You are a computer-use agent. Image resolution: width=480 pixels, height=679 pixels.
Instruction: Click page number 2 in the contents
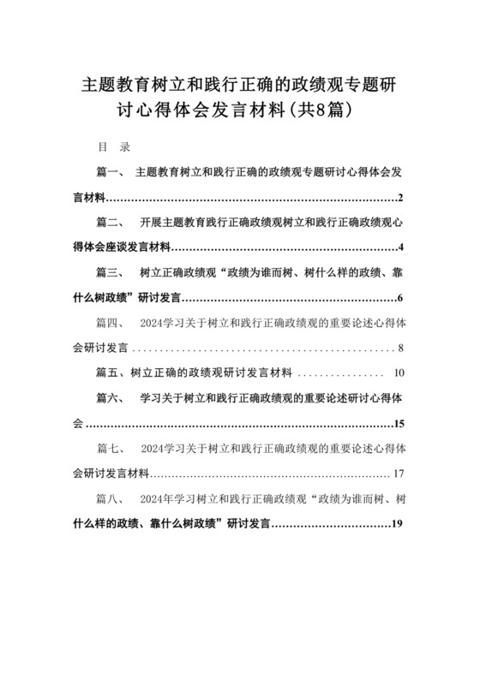(x=401, y=198)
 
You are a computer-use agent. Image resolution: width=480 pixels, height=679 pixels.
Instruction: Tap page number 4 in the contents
(x=401, y=248)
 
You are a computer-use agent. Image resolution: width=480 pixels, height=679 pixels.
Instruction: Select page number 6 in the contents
(x=401, y=299)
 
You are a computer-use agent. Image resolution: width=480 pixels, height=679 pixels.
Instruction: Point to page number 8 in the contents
(x=401, y=349)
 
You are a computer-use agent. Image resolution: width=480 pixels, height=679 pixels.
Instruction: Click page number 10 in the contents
(x=399, y=374)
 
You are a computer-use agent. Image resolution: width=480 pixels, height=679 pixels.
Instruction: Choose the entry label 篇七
(x=111, y=450)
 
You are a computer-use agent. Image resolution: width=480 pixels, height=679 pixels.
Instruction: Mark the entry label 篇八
(x=111, y=500)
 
